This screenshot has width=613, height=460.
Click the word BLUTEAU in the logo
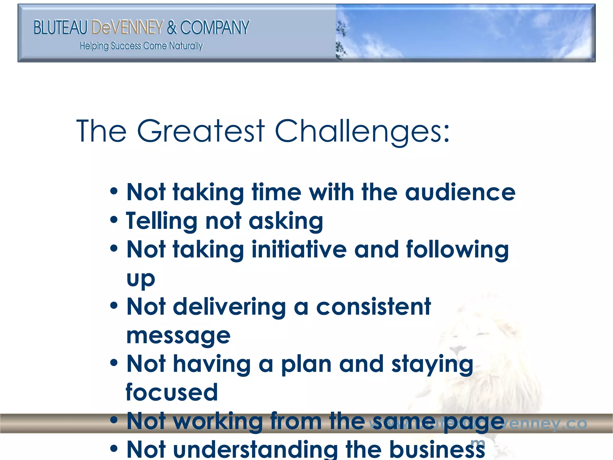coord(60,28)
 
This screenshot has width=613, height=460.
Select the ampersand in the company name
coord(172,28)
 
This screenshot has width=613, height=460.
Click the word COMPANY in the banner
coord(215,28)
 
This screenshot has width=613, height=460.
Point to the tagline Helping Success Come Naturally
coord(141,46)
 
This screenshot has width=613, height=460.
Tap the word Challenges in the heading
coord(362,132)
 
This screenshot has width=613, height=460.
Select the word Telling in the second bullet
coord(161,221)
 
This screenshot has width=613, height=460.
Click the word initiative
coord(299,249)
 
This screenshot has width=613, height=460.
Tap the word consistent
coord(374,307)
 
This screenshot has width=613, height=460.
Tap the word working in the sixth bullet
coord(218,421)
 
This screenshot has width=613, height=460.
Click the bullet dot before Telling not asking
coord(114,220)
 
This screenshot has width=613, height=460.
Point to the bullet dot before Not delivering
coord(114,306)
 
